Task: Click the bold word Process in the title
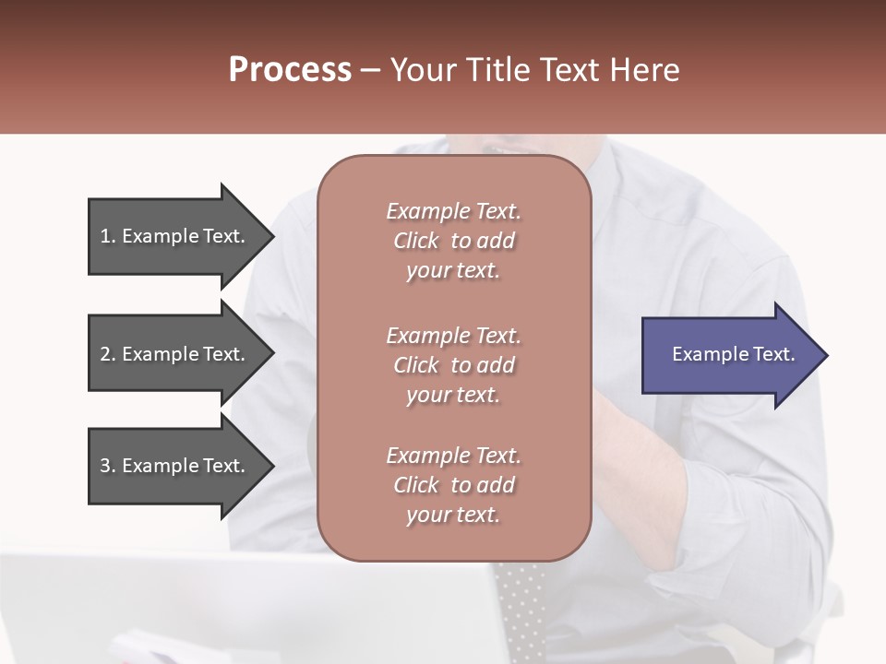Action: pyautogui.click(x=290, y=69)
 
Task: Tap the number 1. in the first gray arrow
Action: pyautogui.click(x=108, y=236)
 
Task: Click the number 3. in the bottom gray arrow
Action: pyautogui.click(x=108, y=466)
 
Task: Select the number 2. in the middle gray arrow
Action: pyautogui.click(x=108, y=354)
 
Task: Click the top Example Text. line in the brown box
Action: pyautogui.click(x=453, y=211)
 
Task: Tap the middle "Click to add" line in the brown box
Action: pyautogui.click(x=453, y=365)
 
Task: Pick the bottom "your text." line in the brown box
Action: pyautogui.click(x=453, y=515)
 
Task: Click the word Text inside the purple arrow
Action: pyautogui.click(x=776, y=354)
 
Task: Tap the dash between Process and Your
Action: pyautogui.click(x=370, y=69)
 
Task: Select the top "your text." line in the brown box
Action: pyautogui.click(x=453, y=270)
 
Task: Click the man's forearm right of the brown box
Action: pyautogui.click(x=646, y=461)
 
